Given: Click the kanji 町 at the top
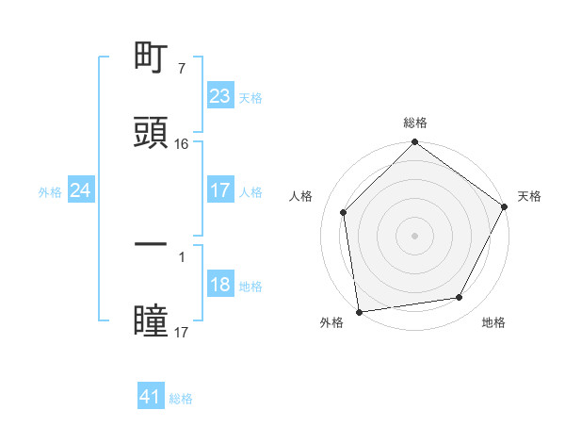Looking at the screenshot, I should (151, 59).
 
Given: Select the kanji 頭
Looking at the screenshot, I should (151, 133).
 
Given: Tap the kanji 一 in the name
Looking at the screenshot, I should (151, 244).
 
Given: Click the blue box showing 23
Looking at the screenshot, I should (219, 96).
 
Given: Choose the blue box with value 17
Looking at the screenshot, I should (219, 190).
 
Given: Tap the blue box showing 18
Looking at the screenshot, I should (219, 286).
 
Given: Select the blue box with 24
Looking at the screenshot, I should (81, 190).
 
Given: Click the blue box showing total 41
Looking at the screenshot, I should (151, 398).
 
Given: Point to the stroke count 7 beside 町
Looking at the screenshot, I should (181, 69).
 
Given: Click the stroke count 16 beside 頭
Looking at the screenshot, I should (182, 143).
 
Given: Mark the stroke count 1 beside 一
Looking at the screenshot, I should (181, 255).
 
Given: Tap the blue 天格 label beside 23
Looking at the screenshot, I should (250, 97).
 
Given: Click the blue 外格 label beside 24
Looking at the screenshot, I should (50, 191).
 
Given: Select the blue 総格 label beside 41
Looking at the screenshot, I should (181, 399).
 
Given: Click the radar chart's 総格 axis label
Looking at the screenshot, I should (415, 123).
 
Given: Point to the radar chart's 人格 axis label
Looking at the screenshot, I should (301, 196).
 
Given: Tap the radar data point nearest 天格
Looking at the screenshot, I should (505, 207).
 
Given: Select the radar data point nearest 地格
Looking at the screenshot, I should (460, 298).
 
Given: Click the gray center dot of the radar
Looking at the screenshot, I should (414, 236).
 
